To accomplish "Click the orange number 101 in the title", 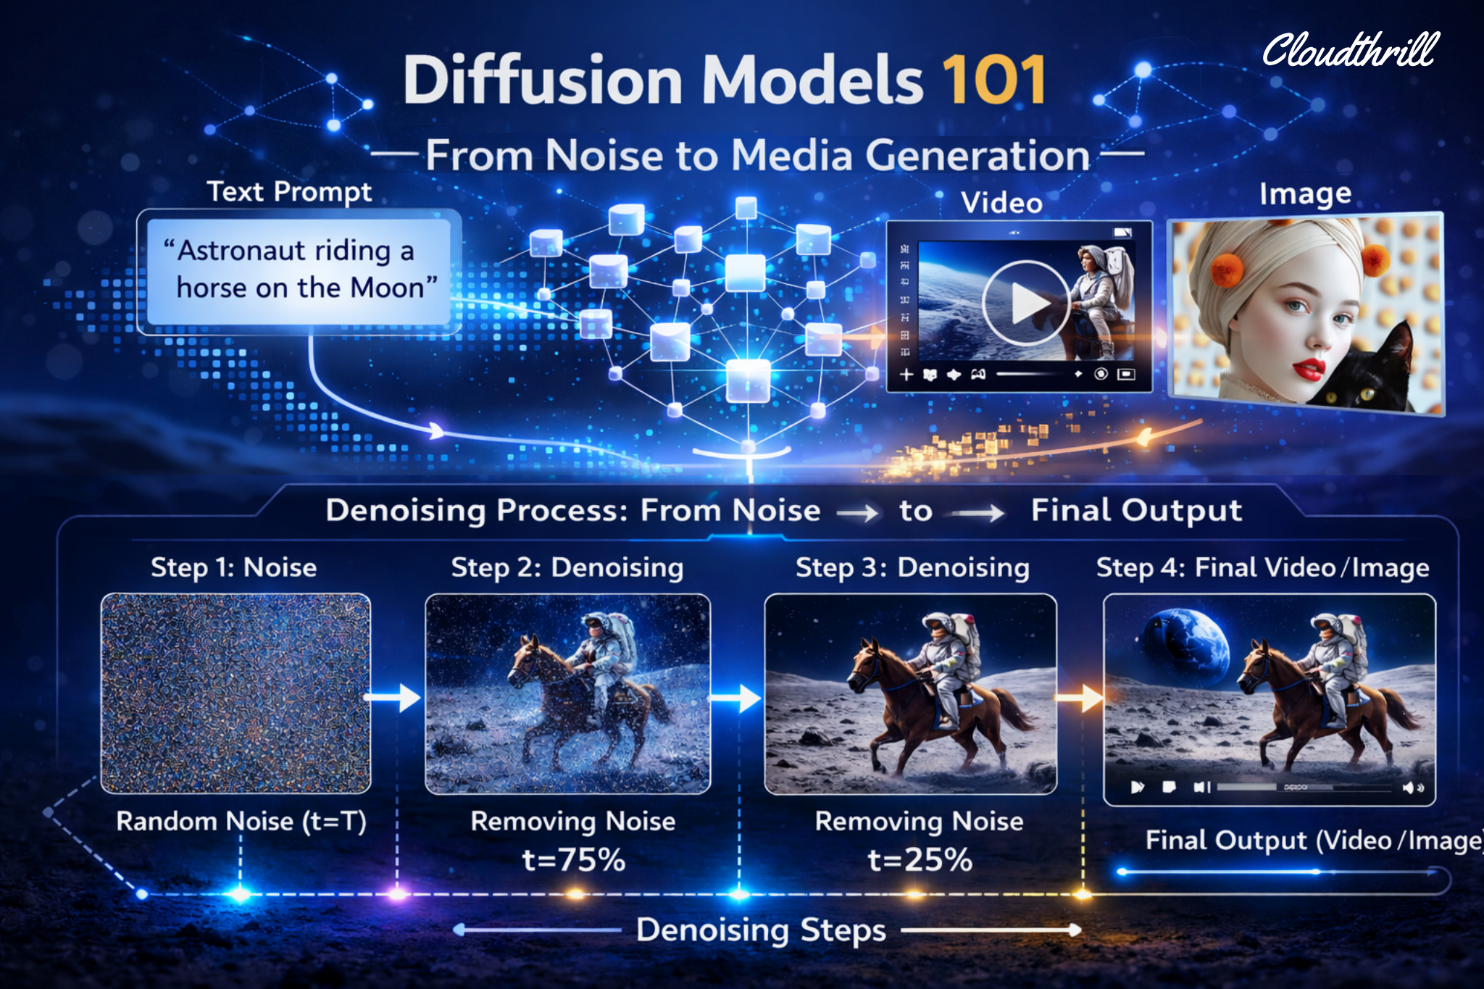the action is pyautogui.click(x=994, y=80).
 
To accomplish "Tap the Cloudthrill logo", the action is pyautogui.click(x=1351, y=50).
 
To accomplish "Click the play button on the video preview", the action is pyautogui.click(x=1025, y=303).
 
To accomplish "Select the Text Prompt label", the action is pyautogui.click(x=289, y=192).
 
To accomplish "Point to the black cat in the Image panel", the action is pyautogui.click(x=1370, y=370).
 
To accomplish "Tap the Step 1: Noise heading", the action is pyautogui.click(x=233, y=567).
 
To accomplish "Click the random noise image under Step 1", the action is pyautogui.click(x=235, y=693).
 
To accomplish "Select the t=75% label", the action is pyautogui.click(x=574, y=860).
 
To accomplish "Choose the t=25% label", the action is pyautogui.click(x=920, y=860).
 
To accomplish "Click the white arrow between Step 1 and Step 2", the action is pyautogui.click(x=392, y=698).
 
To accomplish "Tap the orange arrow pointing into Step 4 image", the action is pyautogui.click(x=1079, y=698).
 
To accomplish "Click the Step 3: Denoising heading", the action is pyautogui.click(x=912, y=567).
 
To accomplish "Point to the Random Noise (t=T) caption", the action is pyautogui.click(x=241, y=821).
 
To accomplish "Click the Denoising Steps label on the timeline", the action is pyautogui.click(x=761, y=930).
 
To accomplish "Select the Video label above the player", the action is pyautogui.click(x=1001, y=203).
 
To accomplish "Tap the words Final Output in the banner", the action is pyautogui.click(x=1136, y=511).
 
